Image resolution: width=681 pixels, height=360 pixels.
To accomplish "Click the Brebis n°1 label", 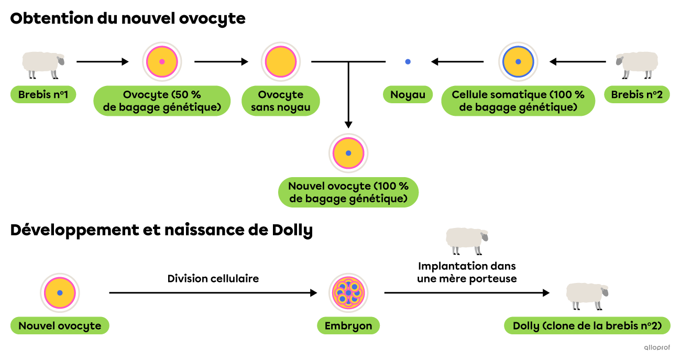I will (x=43, y=95).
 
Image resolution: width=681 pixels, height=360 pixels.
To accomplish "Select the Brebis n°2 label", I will (x=636, y=95).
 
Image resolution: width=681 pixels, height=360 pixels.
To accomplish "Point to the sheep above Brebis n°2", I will (x=637, y=64).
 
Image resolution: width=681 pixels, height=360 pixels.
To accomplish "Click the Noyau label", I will (x=408, y=95).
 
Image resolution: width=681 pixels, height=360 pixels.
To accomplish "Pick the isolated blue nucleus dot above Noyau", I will (x=408, y=61).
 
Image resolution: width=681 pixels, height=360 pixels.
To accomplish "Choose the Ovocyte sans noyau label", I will (x=281, y=101).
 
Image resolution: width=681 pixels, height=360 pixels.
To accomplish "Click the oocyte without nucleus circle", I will (x=281, y=62).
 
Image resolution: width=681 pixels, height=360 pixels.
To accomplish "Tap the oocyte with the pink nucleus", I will (x=162, y=62).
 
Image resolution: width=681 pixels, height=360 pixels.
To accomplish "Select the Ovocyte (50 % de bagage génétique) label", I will (x=162, y=101).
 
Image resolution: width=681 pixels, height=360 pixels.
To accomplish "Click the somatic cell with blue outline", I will (x=518, y=62).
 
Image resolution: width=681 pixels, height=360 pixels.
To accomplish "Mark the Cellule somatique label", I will (x=518, y=101).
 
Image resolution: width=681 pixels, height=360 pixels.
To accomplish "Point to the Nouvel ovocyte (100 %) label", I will (x=348, y=192).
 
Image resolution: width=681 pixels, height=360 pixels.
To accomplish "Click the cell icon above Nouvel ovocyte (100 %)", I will (x=348, y=153).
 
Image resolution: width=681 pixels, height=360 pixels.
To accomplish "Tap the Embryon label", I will (x=348, y=325).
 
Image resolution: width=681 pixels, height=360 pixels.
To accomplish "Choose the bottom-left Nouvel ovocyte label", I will (x=60, y=325).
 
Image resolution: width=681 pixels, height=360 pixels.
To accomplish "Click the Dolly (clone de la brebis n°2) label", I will (x=587, y=325).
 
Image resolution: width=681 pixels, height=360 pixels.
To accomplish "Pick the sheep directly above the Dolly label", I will (x=587, y=295).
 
